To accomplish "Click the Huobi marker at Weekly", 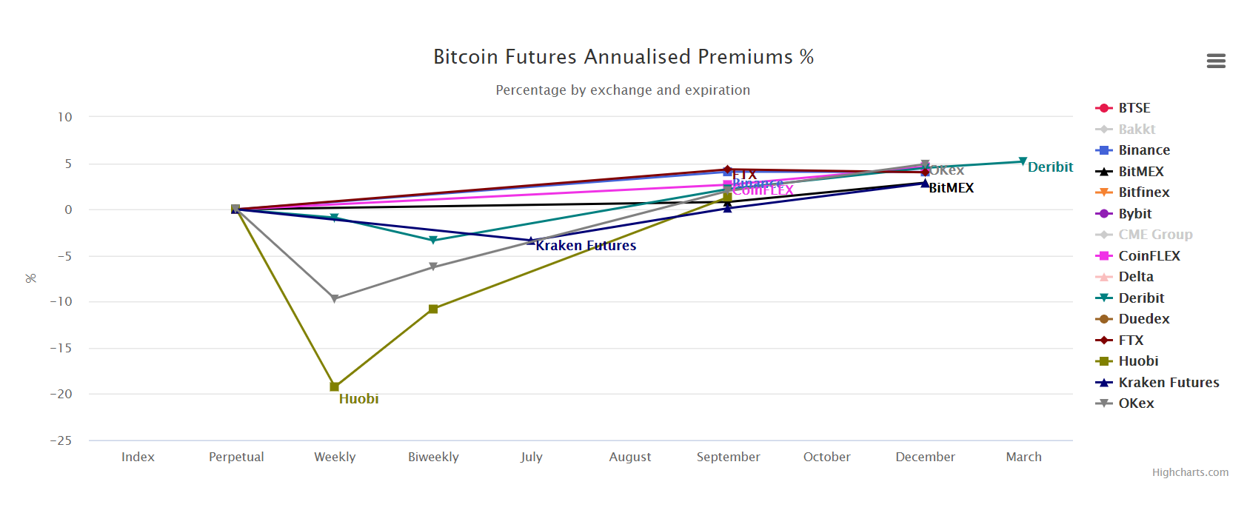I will click(x=334, y=386).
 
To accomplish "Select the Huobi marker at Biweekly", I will click(x=433, y=309).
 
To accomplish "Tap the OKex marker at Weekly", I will click(x=334, y=299).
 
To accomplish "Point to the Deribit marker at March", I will click(x=1023, y=161).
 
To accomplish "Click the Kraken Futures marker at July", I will click(x=531, y=241).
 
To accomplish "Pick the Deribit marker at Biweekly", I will click(x=433, y=241).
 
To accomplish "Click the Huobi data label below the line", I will click(x=358, y=399).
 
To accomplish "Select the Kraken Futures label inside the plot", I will click(x=586, y=246).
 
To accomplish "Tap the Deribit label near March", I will click(x=1049, y=167).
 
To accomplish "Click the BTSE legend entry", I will click(x=1133, y=108).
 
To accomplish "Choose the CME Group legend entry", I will click(x=1154, y=235).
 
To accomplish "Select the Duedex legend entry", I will click(x=1143, y=319).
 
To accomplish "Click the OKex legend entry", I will click(x=1136, y=403).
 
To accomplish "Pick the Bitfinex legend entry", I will click(x=1143, y=192).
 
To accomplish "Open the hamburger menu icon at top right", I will click(x=1215, y=61).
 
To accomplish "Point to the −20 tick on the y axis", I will click(x=61, y=394).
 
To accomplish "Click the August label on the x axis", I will click(x=629, y=457).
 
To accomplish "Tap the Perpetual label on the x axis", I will click(x=236, y=457).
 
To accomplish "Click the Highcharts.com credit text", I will click(x=1189, y=472).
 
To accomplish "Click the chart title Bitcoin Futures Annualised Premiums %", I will click(x=623, y=57).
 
